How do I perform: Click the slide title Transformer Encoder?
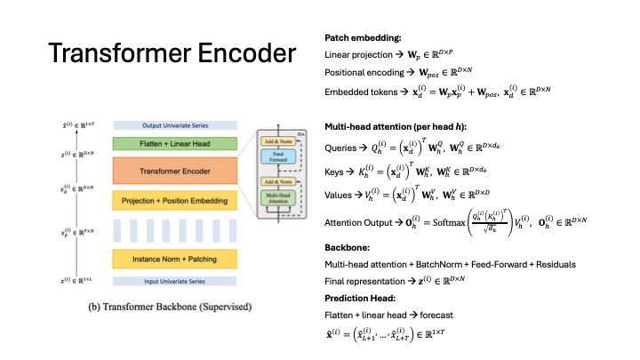(172, 54)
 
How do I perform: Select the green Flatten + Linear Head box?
(173, 142)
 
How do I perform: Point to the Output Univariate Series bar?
(173, 125)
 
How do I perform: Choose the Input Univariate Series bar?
(173, 281)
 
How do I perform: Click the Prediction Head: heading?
(353, 297)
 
